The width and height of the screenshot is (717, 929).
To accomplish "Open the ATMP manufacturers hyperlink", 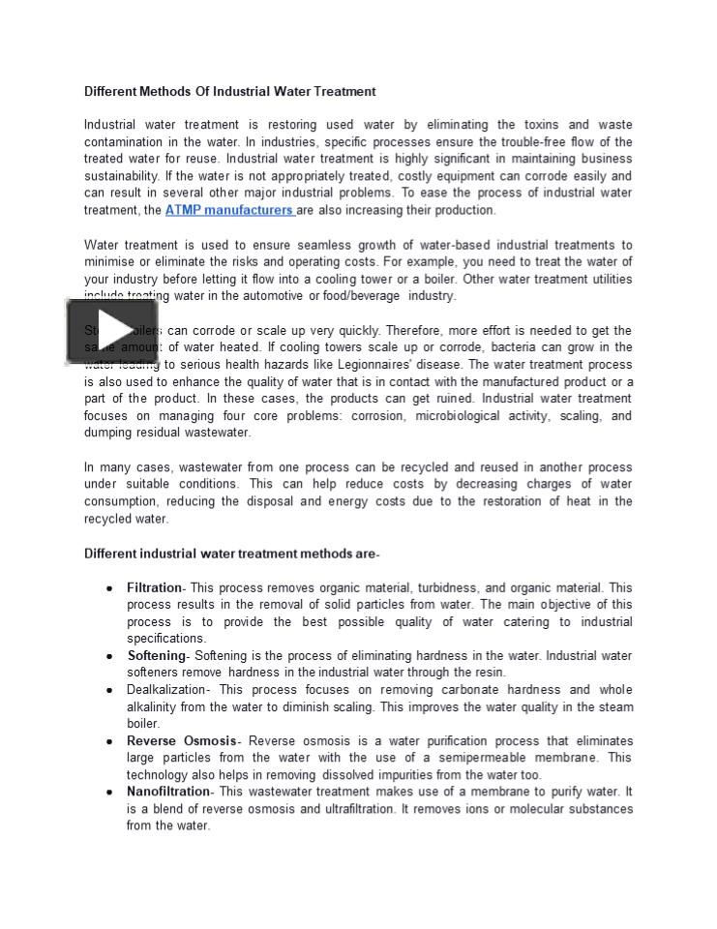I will tap(228, 210).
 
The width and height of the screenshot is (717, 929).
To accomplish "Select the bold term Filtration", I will tap(154, 587).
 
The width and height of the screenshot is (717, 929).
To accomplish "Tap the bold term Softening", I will tap(156, 656).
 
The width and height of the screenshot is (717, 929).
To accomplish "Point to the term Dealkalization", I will tap(166, 690).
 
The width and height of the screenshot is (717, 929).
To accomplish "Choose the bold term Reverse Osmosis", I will tap(181, 741).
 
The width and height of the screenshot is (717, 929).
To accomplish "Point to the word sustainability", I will tap(121, 176).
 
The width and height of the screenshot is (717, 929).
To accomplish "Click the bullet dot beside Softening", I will tap(110, 657).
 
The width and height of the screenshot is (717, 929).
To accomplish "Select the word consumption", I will tap(121, 501).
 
